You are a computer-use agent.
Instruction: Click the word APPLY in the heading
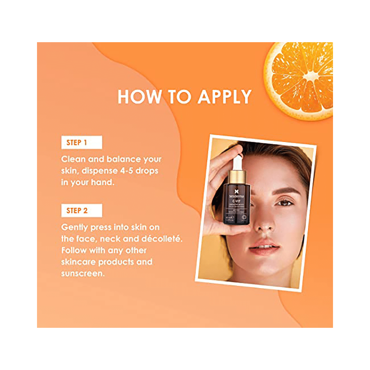point(224,97)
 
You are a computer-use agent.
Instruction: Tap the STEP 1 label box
point(81,142)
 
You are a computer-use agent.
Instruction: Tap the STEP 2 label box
point(81,211)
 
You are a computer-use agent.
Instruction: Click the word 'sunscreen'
point(83,274)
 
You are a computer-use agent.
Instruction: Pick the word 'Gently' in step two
point(75,227)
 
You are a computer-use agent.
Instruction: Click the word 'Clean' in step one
point(74,159)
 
